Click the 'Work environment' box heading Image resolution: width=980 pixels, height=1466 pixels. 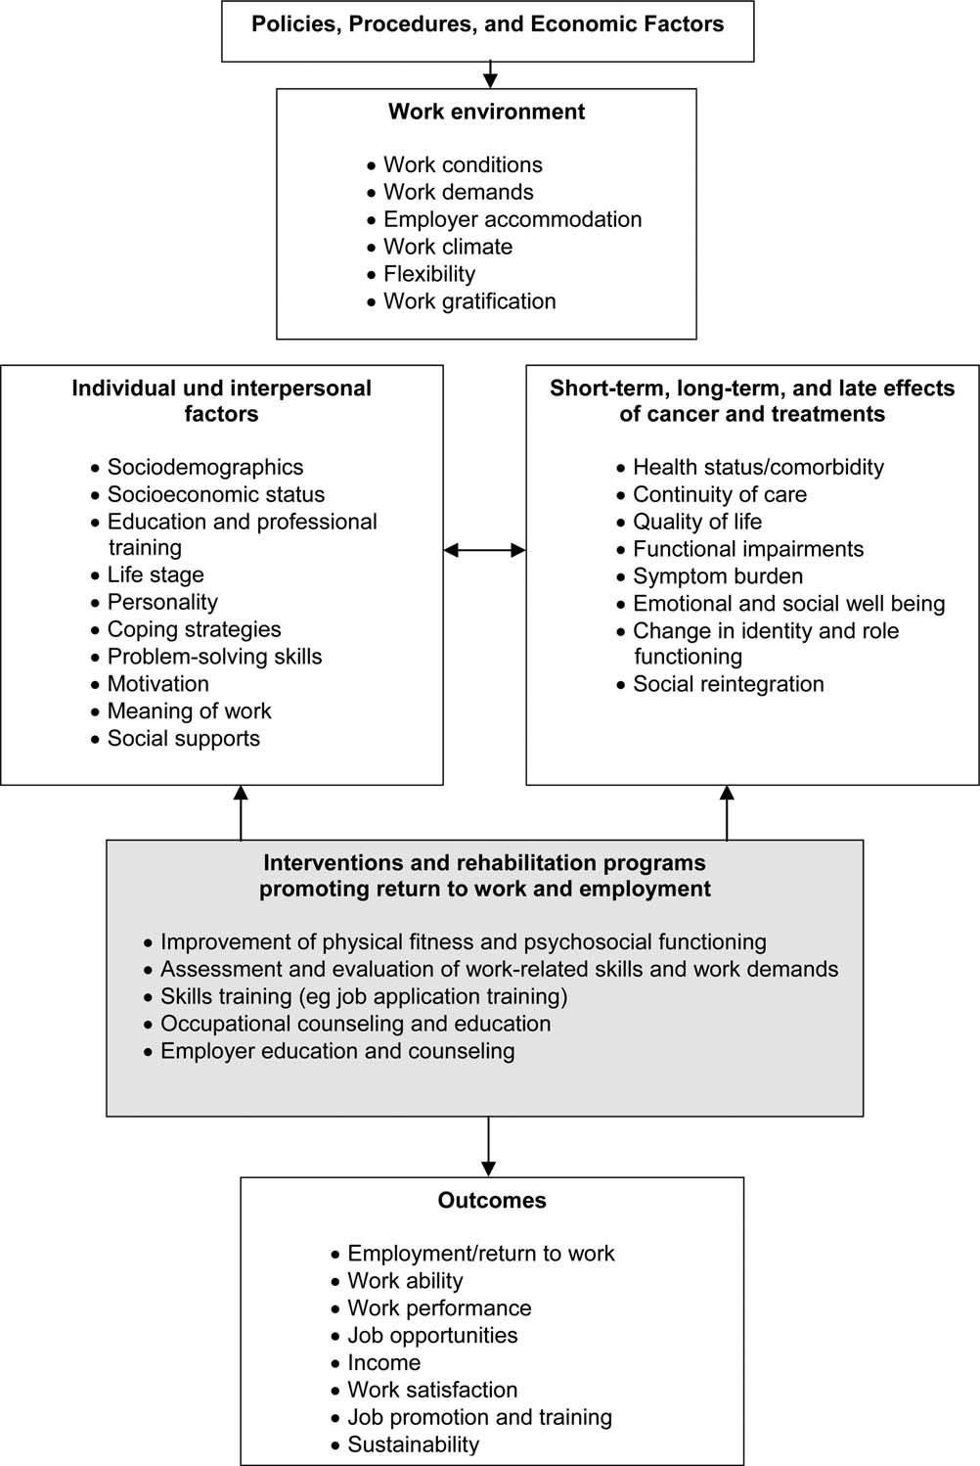[x=486, y=112]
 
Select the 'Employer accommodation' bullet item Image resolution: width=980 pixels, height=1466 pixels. [x=512, y=219]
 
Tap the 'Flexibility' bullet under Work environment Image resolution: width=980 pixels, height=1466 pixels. [x=429, y=274]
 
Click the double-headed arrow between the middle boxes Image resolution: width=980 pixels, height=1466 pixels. [x=485, y=550]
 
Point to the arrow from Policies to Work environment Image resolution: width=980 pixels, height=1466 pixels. [x=490, y=75]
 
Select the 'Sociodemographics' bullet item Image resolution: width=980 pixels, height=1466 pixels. [x=205, y=467]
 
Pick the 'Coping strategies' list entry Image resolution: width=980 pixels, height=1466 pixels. [x=195, y=629]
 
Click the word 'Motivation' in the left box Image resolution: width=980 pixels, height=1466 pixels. [x=158, y=684]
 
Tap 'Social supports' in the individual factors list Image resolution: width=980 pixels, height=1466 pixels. [x=184, y=738]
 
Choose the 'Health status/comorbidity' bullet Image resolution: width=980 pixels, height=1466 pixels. [x=758, y=467]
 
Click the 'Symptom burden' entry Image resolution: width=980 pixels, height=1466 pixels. [x=718, y=576]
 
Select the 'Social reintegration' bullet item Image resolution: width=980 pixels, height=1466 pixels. [x=728, y=684]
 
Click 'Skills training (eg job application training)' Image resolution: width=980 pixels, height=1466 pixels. [x=364, y=996]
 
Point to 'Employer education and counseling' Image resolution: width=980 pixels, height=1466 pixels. [x=337, y=1051]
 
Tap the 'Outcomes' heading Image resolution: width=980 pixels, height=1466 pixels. [x=492, y=1200]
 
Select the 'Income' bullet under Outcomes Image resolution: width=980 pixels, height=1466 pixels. [x=384, y=1362]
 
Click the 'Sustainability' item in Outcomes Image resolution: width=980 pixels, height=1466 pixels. [x=414, y=1444]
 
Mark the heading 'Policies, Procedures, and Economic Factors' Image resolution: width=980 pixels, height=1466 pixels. [x=487, y=24]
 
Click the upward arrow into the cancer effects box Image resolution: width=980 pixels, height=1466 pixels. [x=727, y=813]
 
